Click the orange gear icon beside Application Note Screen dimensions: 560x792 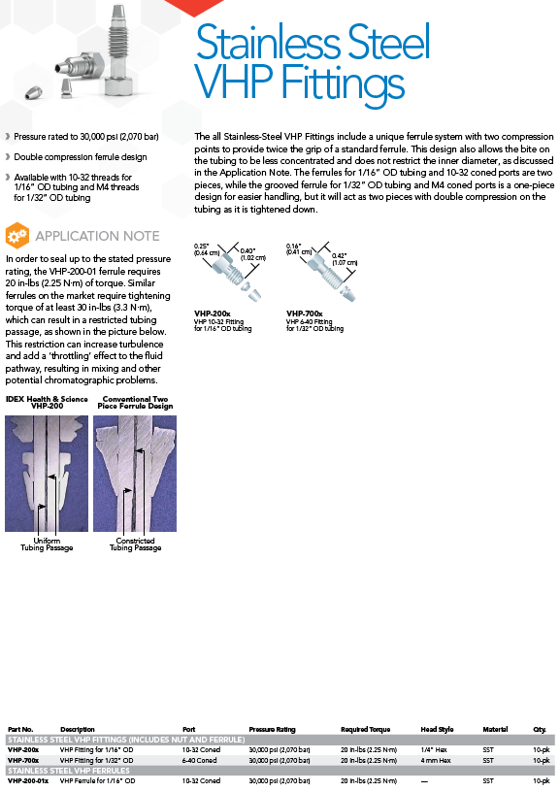17,236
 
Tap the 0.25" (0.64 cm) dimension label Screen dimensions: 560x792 207,249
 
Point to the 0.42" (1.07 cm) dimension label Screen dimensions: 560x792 345,259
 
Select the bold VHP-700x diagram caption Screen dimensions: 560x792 305,313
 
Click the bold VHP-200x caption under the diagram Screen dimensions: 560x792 213,313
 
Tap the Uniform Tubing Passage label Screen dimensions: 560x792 47,544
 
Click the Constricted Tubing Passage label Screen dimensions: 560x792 135,544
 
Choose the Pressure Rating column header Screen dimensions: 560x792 272,729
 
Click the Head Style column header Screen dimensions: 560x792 437,729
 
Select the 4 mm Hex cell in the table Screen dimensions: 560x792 436,760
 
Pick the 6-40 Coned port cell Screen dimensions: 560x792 200,760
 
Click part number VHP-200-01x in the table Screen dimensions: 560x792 28,781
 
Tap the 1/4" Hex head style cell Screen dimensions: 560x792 434,750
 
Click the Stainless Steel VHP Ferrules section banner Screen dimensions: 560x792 69,771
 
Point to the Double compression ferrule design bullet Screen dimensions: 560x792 81,157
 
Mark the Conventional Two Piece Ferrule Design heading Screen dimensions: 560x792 135,403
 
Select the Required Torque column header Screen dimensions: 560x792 365,729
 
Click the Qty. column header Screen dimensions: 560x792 540,729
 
